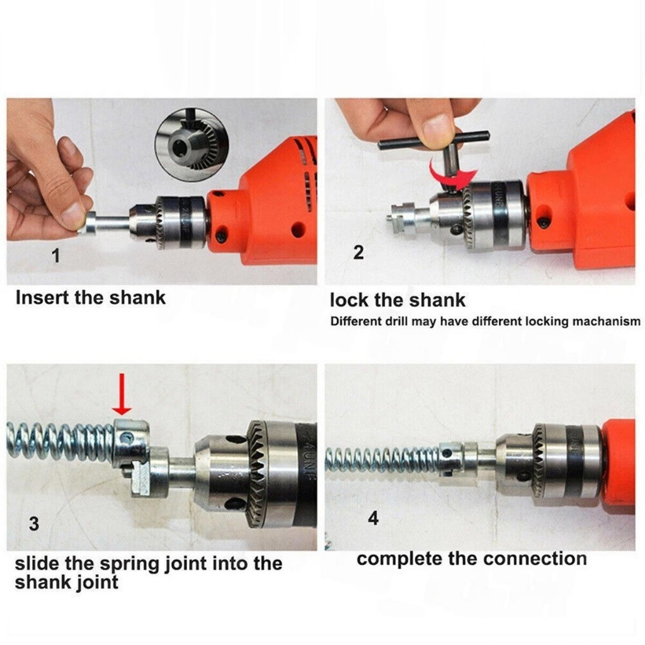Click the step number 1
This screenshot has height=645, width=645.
click(55, 256)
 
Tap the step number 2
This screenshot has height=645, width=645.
click(358, 253)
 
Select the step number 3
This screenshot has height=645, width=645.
click(34, 523)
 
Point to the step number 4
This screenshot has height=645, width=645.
click(373, 518)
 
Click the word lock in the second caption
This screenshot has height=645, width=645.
click(349, 300)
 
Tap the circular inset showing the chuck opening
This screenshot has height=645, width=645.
click(190, 144)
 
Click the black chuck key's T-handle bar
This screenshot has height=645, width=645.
click(434, 139)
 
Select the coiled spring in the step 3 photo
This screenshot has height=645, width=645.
click(60, 443)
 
